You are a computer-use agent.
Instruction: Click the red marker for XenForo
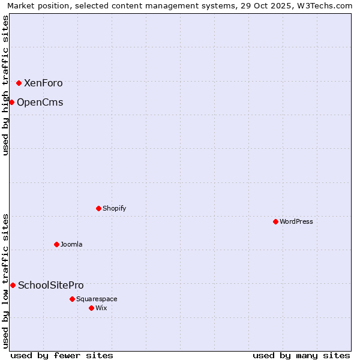[x=19, y=83]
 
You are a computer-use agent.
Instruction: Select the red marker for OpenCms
[x=11, y=102]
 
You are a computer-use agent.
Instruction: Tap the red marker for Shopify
[x=98, y=208]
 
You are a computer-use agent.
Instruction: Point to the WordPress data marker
[x=275, y=221]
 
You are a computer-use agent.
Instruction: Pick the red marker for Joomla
[x=56, y=244]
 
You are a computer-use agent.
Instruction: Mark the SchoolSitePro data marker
[x=13, y=285]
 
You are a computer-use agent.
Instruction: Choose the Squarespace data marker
[x=72, y=299]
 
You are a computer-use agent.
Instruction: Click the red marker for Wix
[x=91, y=308]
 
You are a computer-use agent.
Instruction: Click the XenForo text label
[x=43, y=83]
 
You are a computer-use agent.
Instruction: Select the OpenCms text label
[x=40, y=103]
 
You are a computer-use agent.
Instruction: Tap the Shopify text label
[x=114, y=209]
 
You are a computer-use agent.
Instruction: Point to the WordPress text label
[x=296, y=222]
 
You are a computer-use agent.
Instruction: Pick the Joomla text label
[x=71, y=245]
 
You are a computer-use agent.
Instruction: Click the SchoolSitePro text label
[x=51, y=286]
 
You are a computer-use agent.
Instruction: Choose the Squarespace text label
[x=97, y=299]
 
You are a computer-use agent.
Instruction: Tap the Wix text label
[x=101, y=308]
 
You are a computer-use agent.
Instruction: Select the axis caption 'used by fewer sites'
[x=62, y=355]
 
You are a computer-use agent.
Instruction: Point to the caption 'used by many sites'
[x=301, y=355]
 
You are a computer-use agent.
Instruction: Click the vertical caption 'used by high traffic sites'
[x=5, y=85]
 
